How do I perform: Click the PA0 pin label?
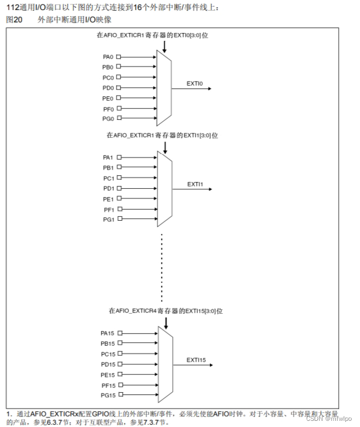click(108, 57)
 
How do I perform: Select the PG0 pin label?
click(108, 119)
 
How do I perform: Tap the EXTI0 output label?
click(195, 83)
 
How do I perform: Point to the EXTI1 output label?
click(195, 184)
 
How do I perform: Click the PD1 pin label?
click(108, 188)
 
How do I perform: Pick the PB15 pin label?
click(107, 343)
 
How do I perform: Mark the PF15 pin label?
click(107, 385)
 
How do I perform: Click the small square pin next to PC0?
click(118, 77)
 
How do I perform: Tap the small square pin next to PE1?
click(118, 199)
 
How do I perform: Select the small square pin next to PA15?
click(118, 333)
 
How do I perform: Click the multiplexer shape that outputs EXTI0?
click(164, 88)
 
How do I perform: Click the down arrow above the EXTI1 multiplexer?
click(165, 147)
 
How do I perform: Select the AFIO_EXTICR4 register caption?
click(163, 310)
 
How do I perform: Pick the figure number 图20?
click(13, 20)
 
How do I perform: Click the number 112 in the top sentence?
click(12, 7)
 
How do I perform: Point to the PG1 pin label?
click(108, 220)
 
